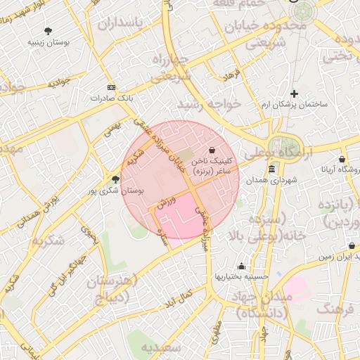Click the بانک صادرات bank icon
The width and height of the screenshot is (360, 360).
[x=110, y=87]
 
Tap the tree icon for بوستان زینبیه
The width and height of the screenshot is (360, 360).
[x=48, y=31]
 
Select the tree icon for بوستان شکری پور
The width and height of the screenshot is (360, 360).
[x=115, y=179]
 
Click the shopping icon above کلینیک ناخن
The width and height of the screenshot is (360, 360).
[x=212, y=149]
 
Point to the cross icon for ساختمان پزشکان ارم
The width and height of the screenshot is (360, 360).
[x=294, y=94]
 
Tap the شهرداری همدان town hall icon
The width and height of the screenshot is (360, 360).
[x=272, y=169]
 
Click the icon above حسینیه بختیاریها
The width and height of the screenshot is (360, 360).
[x=242, y=266]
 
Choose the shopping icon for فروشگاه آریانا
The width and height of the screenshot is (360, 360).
[x=342, y=159]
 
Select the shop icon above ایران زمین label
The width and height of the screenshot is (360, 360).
[x=351, y=246]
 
